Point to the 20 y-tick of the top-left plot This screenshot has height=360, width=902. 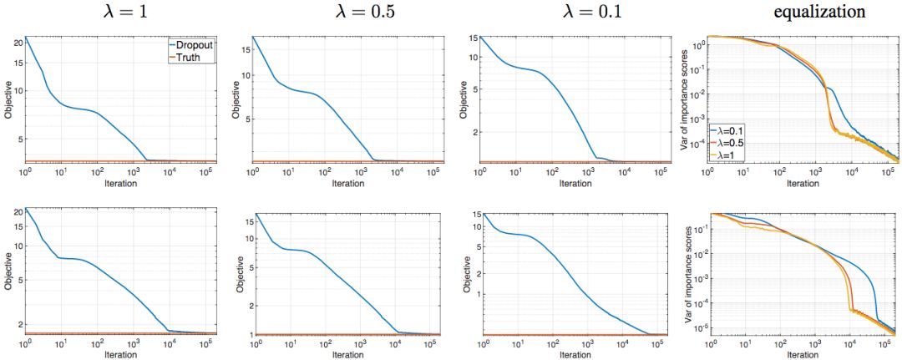coord(17,42)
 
